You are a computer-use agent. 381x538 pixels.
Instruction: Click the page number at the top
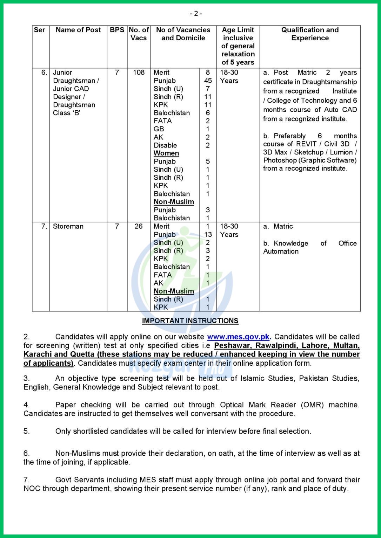(x=196, y=14)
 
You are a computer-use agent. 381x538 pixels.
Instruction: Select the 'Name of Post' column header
(x=78, y=30)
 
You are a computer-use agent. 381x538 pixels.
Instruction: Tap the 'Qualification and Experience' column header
(x=310, y=34)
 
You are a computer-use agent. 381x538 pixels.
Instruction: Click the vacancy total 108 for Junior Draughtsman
(x=139, y=73)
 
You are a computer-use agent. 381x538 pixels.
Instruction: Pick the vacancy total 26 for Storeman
(x=139, y=226)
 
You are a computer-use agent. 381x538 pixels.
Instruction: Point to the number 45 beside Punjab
(x=208, y=81)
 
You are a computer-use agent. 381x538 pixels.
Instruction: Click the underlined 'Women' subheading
(x=166, y=153)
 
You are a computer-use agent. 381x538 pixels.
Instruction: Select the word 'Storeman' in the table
(x=68, y=226)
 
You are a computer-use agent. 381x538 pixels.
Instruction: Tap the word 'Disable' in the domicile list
(x=165, y=145)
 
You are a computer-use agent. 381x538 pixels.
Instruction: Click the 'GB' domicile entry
(x=159, y=129)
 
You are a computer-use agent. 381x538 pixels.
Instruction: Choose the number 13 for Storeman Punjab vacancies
(x=208, y=234)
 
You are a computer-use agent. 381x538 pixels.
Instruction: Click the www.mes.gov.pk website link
(x=238, y=337)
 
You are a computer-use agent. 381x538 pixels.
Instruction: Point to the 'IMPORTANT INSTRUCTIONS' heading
(x=190, y=321)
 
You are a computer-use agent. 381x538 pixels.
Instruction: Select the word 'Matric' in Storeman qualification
(x=283, y=226)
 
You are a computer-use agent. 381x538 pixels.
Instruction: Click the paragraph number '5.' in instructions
(x=27, y=431)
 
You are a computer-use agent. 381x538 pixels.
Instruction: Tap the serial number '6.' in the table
(x=44, y=73)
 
